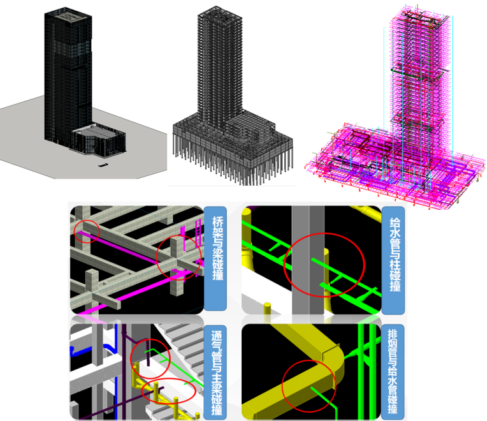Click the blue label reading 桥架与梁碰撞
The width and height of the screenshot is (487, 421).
[215, 258]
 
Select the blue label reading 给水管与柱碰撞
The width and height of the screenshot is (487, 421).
[393, 260]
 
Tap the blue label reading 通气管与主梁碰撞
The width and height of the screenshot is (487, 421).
[215, 373]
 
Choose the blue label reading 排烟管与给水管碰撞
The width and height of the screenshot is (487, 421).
[393, 372]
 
